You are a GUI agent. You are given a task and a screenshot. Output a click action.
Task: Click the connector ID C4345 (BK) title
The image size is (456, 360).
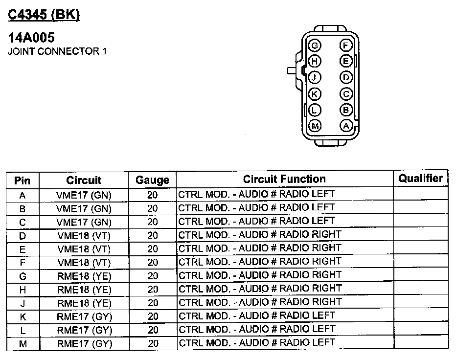coord(44,15)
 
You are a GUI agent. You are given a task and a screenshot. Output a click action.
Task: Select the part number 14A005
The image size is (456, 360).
coord(31,38)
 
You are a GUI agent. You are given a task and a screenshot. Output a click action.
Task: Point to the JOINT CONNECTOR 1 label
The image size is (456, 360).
coord(57,51)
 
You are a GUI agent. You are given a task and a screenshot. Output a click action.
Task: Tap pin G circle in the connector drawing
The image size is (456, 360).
coord(315,46)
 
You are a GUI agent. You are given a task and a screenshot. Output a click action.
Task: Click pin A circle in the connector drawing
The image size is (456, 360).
coord(346,126)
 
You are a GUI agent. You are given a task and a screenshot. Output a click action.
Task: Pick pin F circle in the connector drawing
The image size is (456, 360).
coord(346,46)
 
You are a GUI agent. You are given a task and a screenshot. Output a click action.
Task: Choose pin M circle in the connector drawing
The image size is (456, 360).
coord(315,126)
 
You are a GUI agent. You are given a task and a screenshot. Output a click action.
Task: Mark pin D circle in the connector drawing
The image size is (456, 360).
coord(346,78)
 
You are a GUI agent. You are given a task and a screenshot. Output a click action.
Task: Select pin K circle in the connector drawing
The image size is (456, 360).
coord(315,94)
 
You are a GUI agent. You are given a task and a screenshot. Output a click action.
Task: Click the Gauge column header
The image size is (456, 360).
coord(152,180)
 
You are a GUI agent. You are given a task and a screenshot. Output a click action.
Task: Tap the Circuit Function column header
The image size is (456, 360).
coord(284,179)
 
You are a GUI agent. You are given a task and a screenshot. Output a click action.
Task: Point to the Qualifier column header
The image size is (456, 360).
coord(420,178)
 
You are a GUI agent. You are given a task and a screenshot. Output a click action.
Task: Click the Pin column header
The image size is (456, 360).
coord(23,180)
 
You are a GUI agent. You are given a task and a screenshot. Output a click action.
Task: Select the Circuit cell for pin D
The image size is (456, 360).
coord(84,235)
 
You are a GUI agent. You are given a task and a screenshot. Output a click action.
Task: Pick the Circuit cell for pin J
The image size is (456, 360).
coord(84,303)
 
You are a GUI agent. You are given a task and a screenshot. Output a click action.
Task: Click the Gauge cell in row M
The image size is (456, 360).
coord(152,344)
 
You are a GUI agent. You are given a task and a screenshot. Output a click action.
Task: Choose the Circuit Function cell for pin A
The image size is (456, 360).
coord(256,194)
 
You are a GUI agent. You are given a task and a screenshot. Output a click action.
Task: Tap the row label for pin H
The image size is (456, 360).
coord(23,290)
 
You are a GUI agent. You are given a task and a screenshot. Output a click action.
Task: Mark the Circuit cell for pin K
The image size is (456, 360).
coord(84,316)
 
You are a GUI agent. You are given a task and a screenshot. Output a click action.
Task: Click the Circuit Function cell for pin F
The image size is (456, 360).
coord(260,262)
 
